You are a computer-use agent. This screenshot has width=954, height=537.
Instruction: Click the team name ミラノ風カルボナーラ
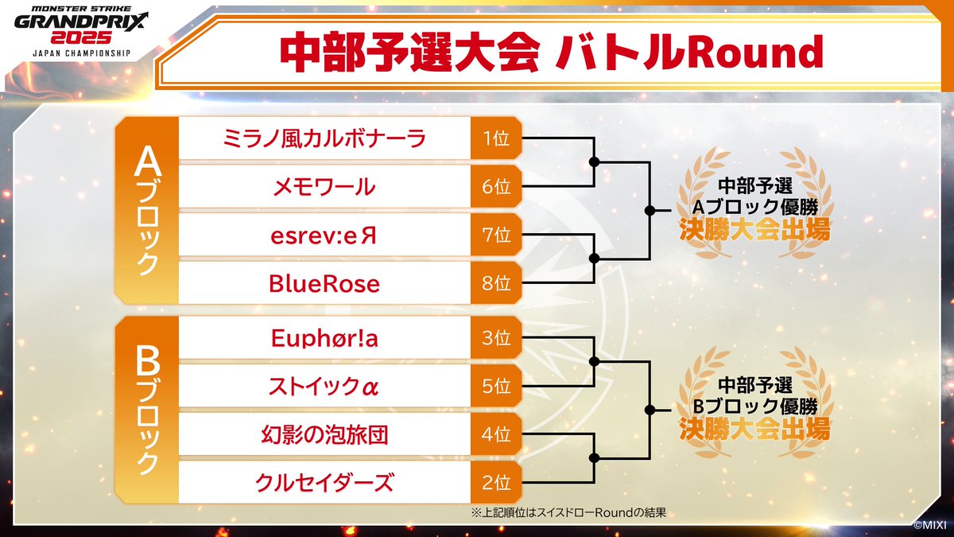324,139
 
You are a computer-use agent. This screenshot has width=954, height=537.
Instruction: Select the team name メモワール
324,187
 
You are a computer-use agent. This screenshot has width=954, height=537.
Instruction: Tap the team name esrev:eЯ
324,235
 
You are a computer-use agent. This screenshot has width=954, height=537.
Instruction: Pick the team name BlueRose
324,282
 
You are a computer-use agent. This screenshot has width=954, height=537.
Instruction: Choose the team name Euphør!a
324,338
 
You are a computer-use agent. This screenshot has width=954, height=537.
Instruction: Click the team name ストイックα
324,387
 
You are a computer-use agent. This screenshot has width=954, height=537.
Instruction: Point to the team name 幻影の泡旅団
324,434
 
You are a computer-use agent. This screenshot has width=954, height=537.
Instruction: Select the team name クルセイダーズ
324,482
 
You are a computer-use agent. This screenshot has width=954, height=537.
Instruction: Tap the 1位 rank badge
496,139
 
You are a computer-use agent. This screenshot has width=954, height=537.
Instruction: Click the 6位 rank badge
496,187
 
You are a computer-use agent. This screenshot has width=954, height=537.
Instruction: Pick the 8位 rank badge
496,282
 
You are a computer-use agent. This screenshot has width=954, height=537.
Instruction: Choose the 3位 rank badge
496,338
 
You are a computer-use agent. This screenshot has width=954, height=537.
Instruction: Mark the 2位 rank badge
496,482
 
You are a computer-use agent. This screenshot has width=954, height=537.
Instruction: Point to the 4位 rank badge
496,434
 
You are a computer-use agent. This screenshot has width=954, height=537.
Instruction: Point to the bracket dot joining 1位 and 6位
594,162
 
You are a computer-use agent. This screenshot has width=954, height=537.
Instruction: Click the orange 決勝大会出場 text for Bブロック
754,430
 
